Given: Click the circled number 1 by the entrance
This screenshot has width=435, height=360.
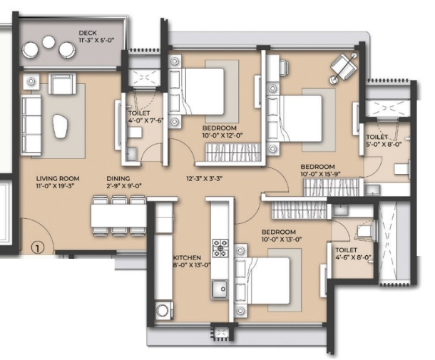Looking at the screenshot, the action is [x=38, y=247].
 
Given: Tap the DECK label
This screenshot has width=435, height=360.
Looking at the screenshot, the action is [x=88, y=33].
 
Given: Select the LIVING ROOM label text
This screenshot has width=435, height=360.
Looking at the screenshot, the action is [x=58, y=178].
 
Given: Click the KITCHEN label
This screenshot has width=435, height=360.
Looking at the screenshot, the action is [x=186, y=257].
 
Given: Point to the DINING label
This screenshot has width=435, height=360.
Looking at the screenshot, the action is [x=118, y=178].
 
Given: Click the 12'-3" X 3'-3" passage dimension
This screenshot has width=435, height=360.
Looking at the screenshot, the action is [x=204, y=178].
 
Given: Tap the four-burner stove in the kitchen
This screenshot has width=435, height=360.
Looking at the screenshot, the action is [x=220, y=248].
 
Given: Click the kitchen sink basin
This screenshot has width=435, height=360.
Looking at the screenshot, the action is [x=220, y=289].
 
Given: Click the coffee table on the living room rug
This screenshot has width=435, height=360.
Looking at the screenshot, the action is [x=60, y=126].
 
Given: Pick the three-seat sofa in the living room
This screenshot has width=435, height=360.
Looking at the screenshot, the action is [x=31, y=125].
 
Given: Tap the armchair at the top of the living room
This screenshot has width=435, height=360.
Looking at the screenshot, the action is [x=63, y=83].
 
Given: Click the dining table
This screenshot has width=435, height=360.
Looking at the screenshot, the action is [x=119, y=216].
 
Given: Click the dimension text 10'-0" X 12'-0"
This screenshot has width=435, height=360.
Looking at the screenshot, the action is [x=222, y=135].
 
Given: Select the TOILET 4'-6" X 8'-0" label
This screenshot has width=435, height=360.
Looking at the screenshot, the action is [x=352, y=254].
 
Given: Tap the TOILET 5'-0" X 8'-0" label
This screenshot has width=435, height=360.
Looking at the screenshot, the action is [x=384, y=140].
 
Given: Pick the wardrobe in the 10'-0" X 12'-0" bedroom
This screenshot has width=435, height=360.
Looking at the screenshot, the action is [x=233, y=152].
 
